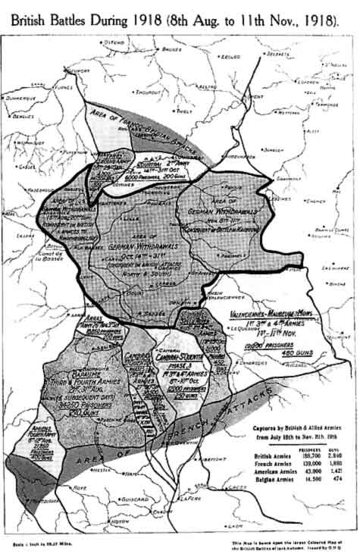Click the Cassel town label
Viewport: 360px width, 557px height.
pos(25,166)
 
